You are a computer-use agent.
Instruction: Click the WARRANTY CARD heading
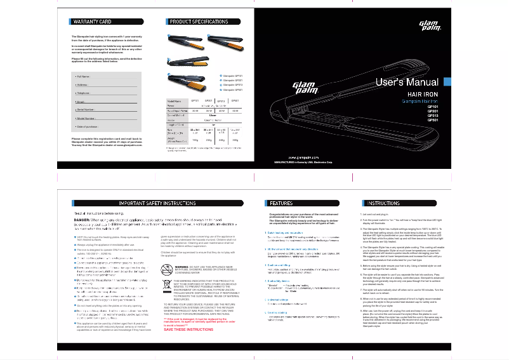click(x=92, y=22)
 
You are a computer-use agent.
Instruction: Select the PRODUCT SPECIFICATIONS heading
click(x=199, y=22)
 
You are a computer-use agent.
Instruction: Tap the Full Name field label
click(x=84, y=76)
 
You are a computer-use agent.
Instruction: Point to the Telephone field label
click(x=84, y=93)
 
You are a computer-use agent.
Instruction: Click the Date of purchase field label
click(x=89, y=127)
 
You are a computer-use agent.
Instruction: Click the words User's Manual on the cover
click(x=406, y=83)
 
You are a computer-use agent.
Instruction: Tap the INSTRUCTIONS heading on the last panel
click(x=383, y=203)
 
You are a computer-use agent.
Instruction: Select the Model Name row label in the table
click(x=174, y=101)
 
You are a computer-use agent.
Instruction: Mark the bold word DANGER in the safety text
click(x=82, y=219)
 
